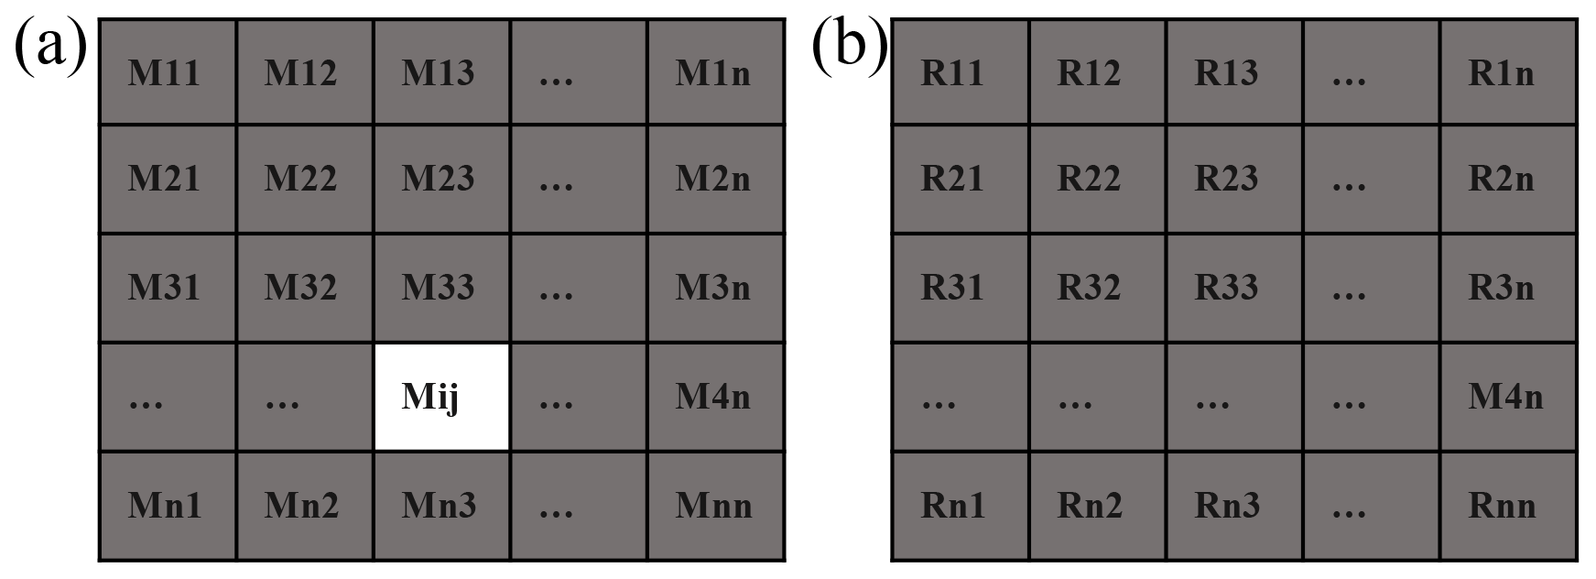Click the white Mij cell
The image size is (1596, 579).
441,397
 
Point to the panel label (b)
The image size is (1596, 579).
850,46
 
